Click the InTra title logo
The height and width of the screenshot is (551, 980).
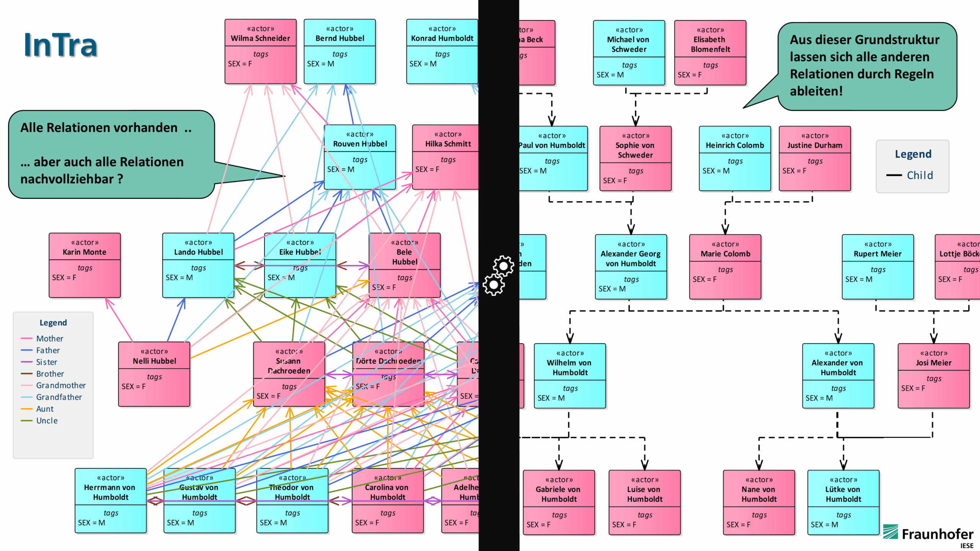click(60, 45)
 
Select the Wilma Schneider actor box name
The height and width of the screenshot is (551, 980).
click(260, 38)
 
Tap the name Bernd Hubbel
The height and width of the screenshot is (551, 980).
click(340, 38)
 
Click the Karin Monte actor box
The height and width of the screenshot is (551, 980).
click(85, 265)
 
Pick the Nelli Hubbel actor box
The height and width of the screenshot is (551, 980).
click(154, 374)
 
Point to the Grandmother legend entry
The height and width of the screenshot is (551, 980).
click(60, 385)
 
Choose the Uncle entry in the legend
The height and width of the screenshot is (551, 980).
click(47, 421)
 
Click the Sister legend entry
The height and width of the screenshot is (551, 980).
click(46, 362)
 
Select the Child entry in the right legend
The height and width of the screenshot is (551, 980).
click(920, 175)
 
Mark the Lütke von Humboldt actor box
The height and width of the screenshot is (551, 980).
click(843, 502)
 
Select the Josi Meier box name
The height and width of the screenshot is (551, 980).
click(933, 363)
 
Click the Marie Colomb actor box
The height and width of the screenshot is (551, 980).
click(725, 267)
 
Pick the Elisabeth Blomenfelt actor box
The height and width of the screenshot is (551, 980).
click(710, 53)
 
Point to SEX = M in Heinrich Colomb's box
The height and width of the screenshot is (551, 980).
click(716, 171)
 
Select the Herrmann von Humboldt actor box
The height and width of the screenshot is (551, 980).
click(111, 500)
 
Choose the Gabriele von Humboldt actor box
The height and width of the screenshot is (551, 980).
click(559, 502)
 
